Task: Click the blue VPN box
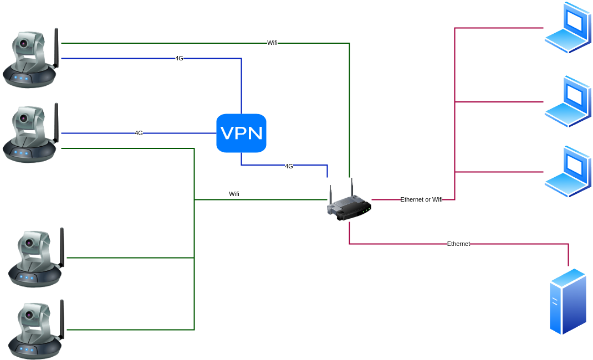241,133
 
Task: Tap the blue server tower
568,301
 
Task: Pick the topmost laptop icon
568,28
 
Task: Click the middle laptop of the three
568,102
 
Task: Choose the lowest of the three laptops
568,172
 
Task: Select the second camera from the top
30,133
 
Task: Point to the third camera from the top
35,258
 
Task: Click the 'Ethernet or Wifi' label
421,199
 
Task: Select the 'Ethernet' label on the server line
458,244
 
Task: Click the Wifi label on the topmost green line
272,43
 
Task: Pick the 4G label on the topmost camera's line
179,58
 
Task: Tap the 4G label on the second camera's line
139,133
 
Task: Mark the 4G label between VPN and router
289,166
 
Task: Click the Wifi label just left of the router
234,194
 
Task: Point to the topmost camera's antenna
56,47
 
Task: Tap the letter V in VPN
227,133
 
